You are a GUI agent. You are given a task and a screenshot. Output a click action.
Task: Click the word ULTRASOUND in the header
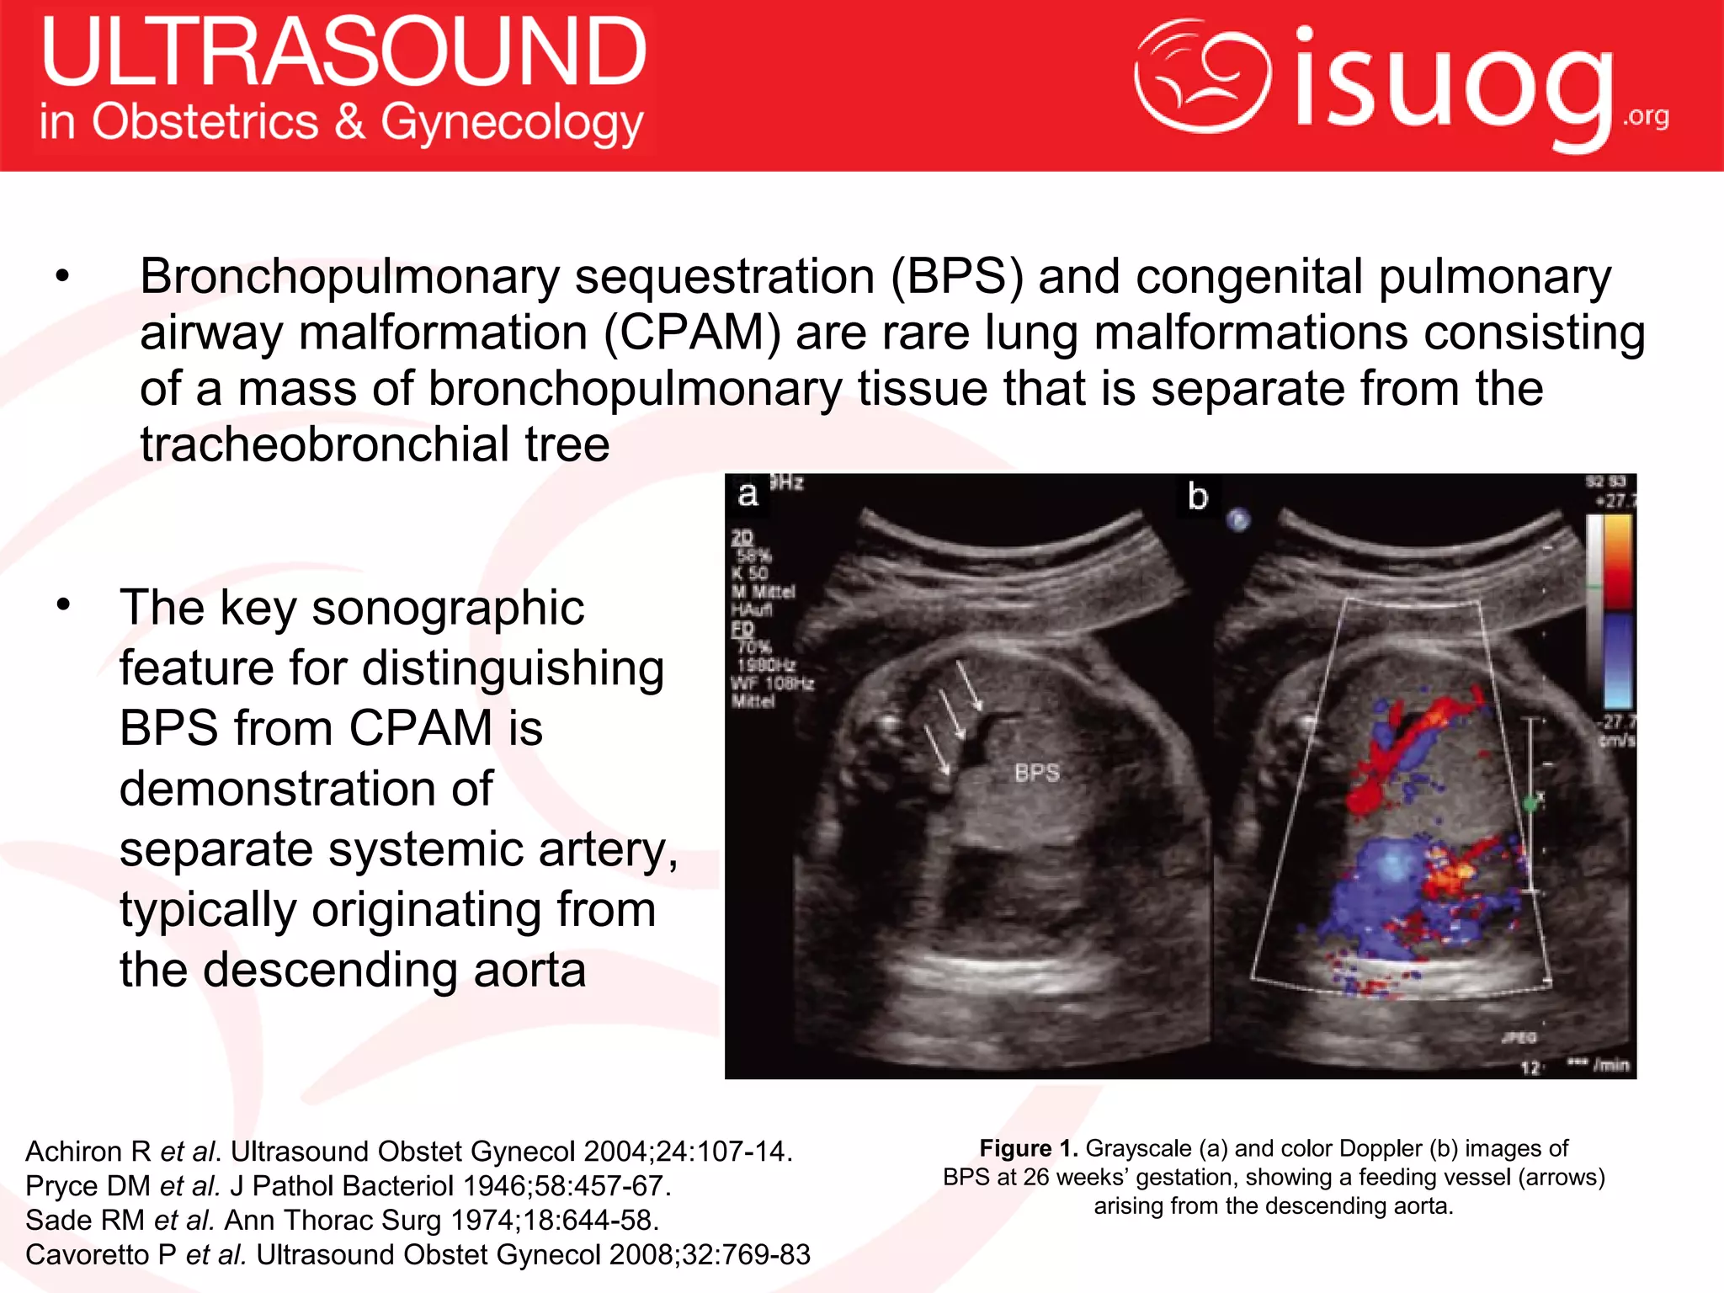point(343,52)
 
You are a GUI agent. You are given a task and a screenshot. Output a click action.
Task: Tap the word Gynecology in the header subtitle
point(512,123)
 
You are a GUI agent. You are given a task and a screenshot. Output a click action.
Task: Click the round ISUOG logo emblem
point(1202,76)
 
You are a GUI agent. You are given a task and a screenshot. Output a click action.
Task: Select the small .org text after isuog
point(1645,115)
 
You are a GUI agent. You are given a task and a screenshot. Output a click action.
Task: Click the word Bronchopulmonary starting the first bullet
point(349,277)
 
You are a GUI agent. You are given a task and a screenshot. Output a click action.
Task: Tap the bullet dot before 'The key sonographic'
point(62,604)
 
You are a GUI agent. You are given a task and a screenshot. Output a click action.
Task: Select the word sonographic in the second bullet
point(448,608)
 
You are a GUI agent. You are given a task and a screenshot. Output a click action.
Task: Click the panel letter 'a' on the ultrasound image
point(747,495)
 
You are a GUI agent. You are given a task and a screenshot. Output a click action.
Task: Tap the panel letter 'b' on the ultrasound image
point(1197,497)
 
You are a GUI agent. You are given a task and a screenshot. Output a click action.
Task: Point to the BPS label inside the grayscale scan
point(1036,773)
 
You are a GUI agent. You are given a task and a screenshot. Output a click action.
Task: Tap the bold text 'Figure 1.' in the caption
point(1028,1148)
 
